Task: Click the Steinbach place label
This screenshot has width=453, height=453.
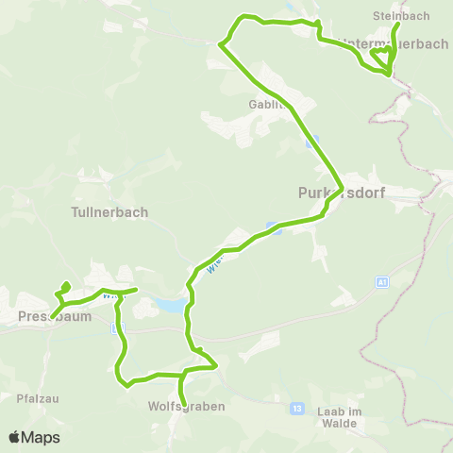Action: pos(401,16)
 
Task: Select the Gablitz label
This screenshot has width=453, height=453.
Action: pos(267,104)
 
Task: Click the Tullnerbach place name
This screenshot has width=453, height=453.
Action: pos(109,212)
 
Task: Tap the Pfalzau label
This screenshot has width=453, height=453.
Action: pos(38,398)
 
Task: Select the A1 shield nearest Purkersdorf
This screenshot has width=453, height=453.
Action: pos(382,281)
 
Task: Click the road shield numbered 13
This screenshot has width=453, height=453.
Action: pos(297,408)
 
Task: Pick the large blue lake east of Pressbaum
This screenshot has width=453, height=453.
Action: pos(168,305)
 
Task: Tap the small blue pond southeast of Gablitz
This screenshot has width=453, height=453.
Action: pos(312,143)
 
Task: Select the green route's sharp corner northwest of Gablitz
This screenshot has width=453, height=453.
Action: pos(221,43)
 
